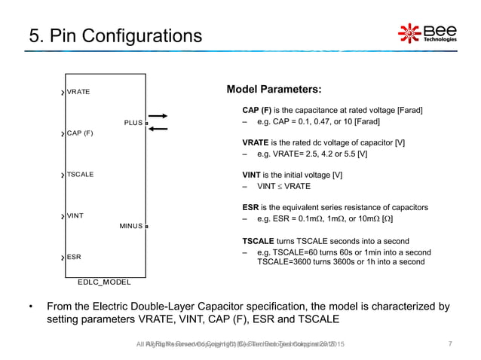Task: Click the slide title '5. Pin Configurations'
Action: coord(106,35)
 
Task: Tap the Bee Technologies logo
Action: coord(427,34)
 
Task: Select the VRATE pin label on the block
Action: coord(78,92)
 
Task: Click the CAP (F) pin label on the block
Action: coord(79,133)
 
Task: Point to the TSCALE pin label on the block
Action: coord(80,174)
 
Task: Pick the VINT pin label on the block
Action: coord(75,215)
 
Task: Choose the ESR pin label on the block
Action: coord(74,257)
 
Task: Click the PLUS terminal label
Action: coord(131,123)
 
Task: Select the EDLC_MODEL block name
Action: coord(104,282)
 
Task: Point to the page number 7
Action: coord(450,344)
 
